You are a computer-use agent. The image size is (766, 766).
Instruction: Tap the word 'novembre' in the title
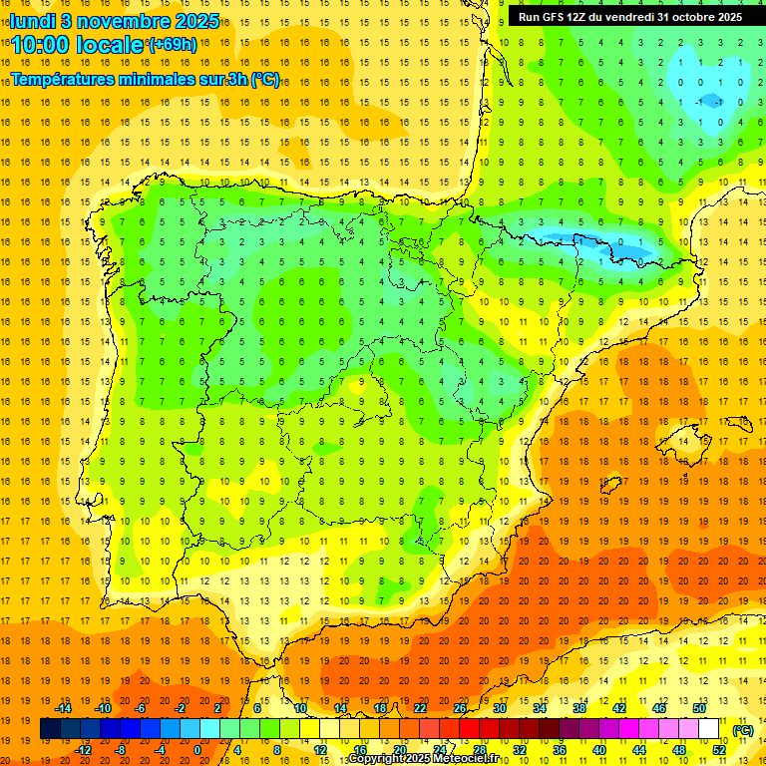point(118,20)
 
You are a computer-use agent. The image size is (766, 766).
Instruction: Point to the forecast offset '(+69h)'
point(173,45)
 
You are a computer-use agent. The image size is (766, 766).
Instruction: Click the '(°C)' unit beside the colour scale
point(743,730)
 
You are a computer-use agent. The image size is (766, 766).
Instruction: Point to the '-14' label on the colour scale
point(64,708)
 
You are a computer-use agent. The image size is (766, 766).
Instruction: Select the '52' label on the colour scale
point(719,750)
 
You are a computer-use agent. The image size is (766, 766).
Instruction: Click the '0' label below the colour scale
point(197,750)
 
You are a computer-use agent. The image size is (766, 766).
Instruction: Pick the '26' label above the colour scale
point(460,708)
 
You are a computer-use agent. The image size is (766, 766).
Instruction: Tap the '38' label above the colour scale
point(579,708)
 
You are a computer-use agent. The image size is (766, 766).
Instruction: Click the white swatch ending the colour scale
point(709,729)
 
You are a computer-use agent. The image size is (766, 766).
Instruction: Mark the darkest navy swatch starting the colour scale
point(50,729)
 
